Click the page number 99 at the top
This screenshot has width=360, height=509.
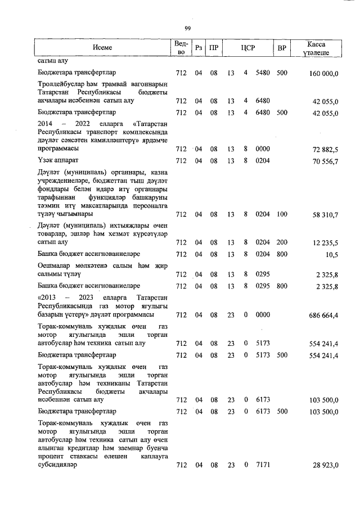tap(188, 29)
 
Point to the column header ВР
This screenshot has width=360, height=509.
tap(281, 48)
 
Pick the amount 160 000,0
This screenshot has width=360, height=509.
tap(323, 73)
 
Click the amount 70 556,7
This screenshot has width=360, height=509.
tap(326, 161)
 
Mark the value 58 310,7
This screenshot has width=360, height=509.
tap(326, 215)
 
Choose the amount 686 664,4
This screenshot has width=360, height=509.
tap(323, 316)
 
